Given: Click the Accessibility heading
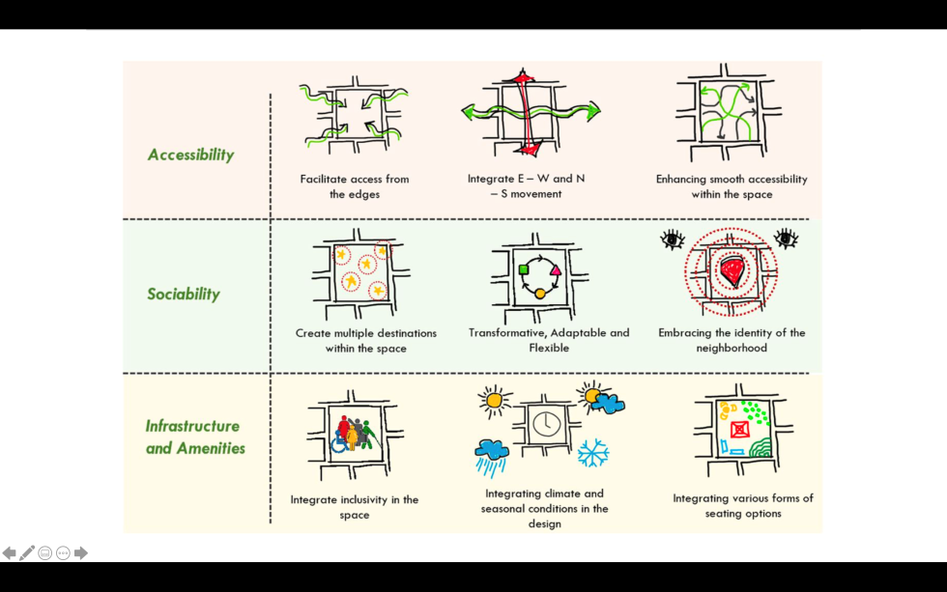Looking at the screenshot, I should [x=190, y=155].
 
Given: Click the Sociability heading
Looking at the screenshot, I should [x=184, y=294].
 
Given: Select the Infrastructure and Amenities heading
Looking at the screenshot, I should [x=194, y=437].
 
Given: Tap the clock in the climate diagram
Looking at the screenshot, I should [x=547, y=423].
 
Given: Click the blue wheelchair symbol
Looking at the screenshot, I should [x=340, y=441].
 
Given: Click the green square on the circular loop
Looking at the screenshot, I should [x=523, y=268].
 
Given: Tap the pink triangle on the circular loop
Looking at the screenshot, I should [x=557, y=270].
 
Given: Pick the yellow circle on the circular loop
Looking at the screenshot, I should [x=540, y=293].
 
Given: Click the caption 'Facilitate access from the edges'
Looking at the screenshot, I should [x=355, y=186].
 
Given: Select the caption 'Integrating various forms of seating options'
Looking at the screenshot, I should [x=743, y=506].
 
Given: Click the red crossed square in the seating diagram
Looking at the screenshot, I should [x=740, y=429].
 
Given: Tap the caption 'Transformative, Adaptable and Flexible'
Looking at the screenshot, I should [x=549, y=340].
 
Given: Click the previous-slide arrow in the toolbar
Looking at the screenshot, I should [x=10, y=553].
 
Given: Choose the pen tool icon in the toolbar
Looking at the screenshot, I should [x=27, y=553].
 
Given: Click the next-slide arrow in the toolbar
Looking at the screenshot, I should [x=81, y=553].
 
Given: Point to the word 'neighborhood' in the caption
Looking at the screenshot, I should [x=732, y=348].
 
